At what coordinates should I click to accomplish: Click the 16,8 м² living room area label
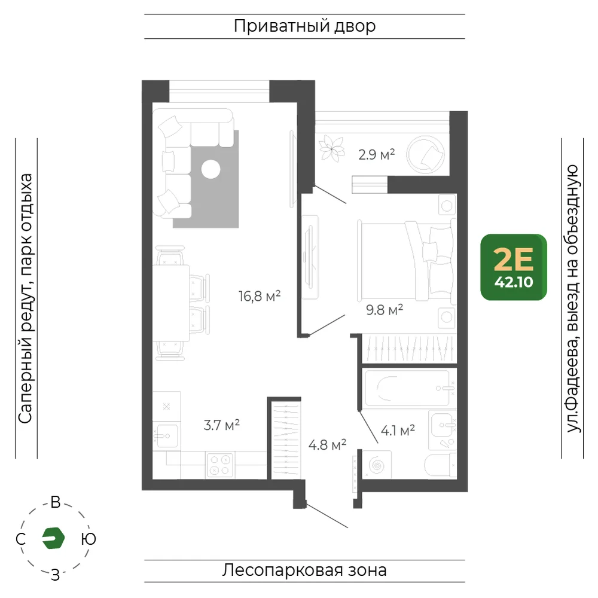tap(260, 296)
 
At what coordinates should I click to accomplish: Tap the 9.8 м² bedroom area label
tap(385, 310)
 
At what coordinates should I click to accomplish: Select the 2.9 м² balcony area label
tap(376, 154)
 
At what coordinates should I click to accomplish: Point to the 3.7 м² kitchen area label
tap(222, 425)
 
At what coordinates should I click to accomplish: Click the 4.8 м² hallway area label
tap(327, 445)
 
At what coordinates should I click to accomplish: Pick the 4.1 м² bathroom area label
tap(398, 431)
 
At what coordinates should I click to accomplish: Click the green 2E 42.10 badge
tap(514, 267)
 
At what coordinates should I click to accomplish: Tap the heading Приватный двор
tap(305, 26)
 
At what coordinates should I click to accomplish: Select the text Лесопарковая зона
tap(304, 570)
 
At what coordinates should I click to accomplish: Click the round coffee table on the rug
tap(211, 169)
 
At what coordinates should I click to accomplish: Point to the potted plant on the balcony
tap(332, 148)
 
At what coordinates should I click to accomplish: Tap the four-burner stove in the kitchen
tap(220, 465)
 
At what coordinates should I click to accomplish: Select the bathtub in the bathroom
tap(407, 388)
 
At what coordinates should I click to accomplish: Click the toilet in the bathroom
tap(440, 465)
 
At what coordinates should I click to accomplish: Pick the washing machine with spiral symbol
tap(377, 465)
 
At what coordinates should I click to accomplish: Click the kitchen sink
tap(167, 435)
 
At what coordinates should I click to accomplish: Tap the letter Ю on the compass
tap(89, 539)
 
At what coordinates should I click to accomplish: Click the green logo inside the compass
tap(53, 538)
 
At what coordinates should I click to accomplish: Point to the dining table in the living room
tap(171, 303)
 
